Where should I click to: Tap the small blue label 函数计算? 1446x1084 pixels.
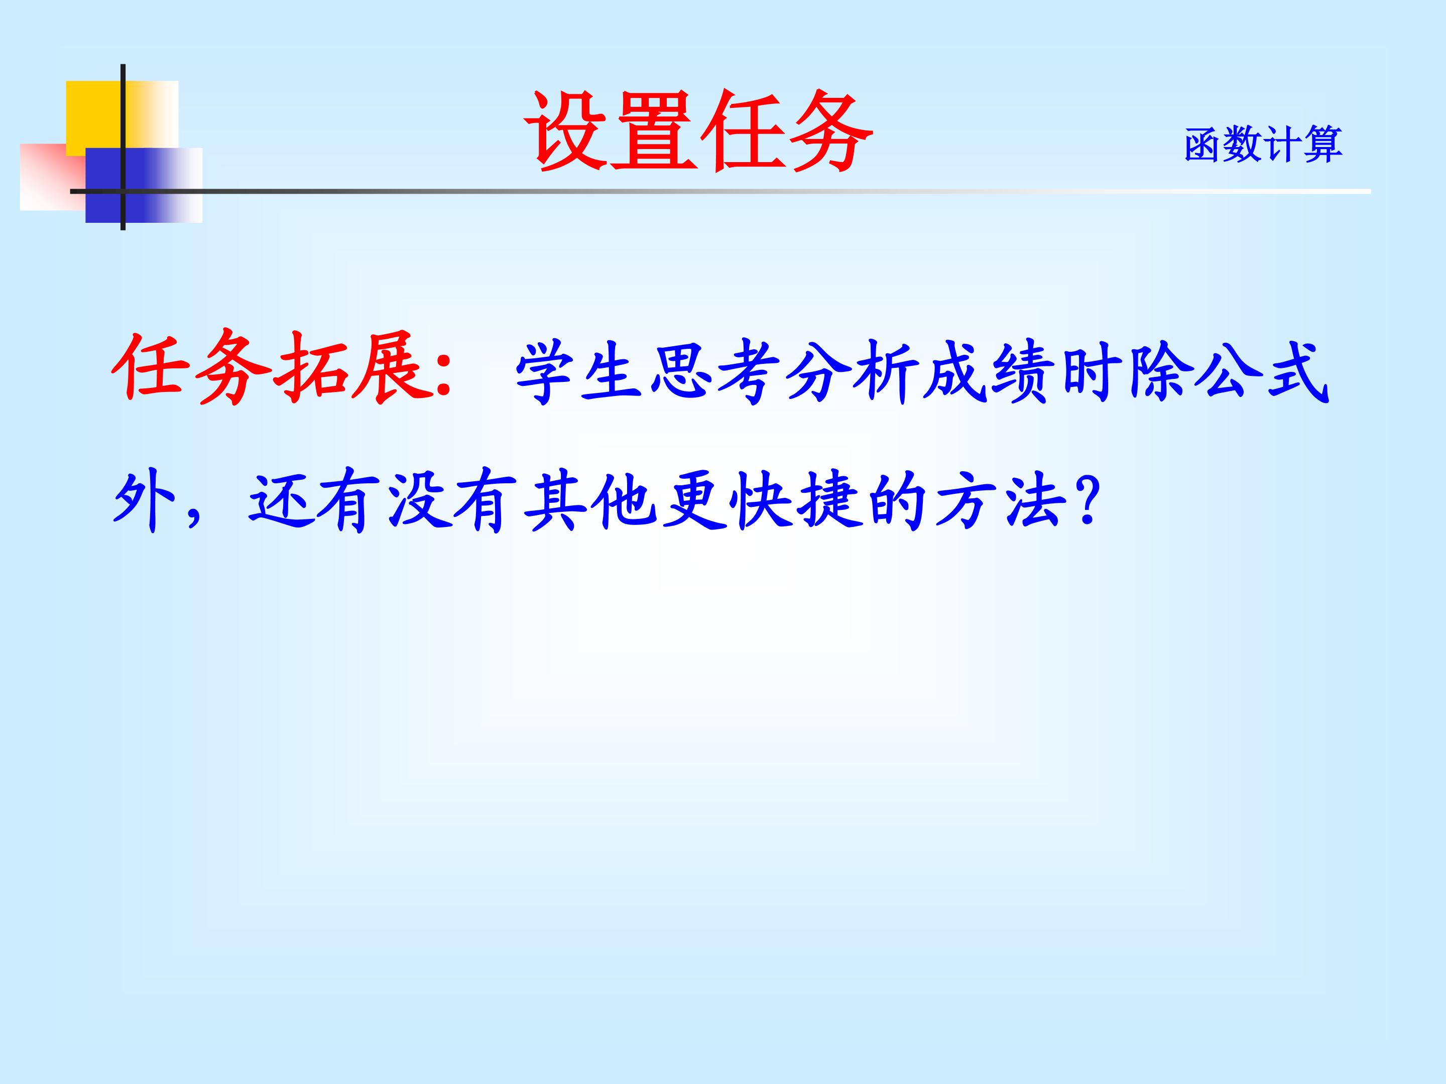tap(1263, 145)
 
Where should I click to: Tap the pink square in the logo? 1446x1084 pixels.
tap(53, 177)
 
